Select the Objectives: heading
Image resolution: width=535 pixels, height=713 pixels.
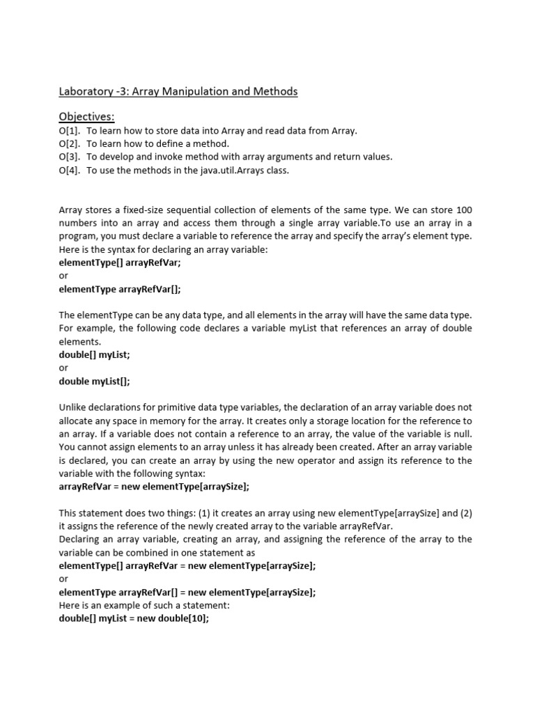(86, 116)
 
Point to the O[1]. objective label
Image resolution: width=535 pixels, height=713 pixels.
(70, 131)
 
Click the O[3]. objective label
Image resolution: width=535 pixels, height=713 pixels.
(70, 157)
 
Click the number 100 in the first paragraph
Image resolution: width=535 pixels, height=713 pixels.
(464, 210)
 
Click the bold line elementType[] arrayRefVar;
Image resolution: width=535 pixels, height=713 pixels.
(124, 263)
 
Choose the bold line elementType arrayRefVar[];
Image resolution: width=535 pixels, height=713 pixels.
(124, 290)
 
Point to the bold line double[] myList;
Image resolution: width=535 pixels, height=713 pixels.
(95, 355)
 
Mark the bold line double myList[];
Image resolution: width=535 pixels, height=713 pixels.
(95, 382)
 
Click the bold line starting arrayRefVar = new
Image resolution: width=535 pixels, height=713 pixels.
(154, 487)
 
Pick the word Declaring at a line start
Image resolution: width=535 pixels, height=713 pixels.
(81, 540)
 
